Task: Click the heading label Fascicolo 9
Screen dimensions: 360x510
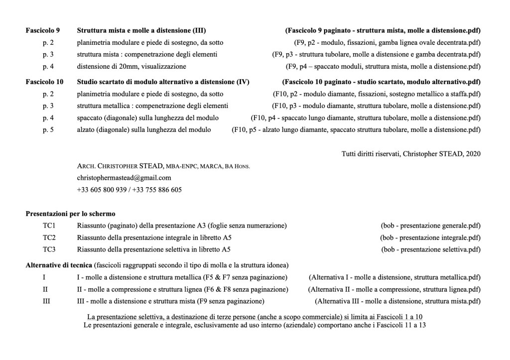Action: tap(43, 30)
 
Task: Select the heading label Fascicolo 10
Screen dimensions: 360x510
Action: tap(44, 82)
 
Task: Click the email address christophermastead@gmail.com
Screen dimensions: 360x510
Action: tap(117, 178)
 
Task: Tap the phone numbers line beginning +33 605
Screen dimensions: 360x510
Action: tap(129, 190)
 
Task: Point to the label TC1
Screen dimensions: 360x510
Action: tap(49, 226)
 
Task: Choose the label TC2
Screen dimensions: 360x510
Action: tap(49, 238)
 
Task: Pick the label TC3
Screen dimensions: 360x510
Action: tap(49, 249)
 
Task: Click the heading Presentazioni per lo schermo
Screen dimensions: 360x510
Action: tap(71, 214)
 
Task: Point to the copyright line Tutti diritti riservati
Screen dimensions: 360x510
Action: tap(411, 154)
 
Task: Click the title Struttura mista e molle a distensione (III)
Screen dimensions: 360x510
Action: tap(141, 30)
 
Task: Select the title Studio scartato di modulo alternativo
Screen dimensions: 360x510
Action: tap(163, 82)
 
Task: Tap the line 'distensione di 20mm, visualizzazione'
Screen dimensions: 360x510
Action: tap(131, 66)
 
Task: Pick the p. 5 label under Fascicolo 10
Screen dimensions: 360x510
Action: tap(48, 129)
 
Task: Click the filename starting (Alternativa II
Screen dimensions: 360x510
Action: tap(394, 289)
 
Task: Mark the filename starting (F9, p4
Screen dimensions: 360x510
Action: tap(383, 66)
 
